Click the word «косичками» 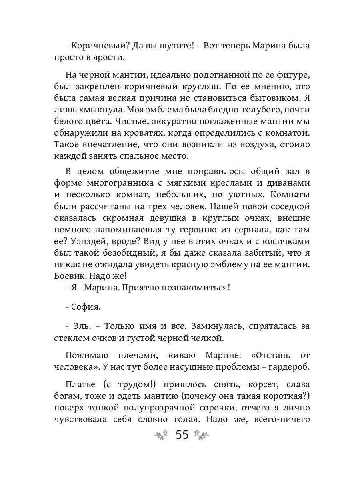(282, 242)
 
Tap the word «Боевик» (70, 276)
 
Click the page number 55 (182, 434)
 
